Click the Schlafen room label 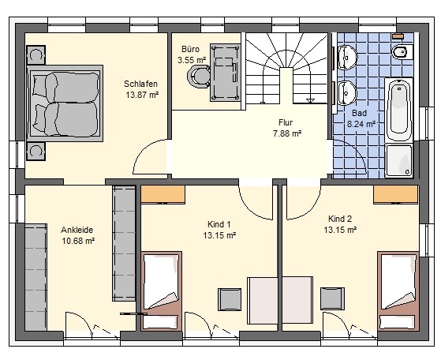tap(140, 84)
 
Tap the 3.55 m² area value tap(192, 60)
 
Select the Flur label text tap(286, 122)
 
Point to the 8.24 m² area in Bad tap(361, 124)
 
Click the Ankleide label tap(77, 230)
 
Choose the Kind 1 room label tap(219, 224)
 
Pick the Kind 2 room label tap(340, 219)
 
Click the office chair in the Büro tap(199, 77)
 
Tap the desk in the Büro tap(226, 73)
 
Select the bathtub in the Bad tap(399, 110)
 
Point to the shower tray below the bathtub tap(399, 161)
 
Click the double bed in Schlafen tap(65, 103)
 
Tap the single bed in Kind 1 tap(161, 291)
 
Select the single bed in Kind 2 tap(398, 291)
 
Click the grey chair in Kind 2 tap(333, 298)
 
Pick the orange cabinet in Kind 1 tap(163, 194)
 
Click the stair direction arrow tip tap(311, 103)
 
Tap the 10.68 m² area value tap(78, 241)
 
